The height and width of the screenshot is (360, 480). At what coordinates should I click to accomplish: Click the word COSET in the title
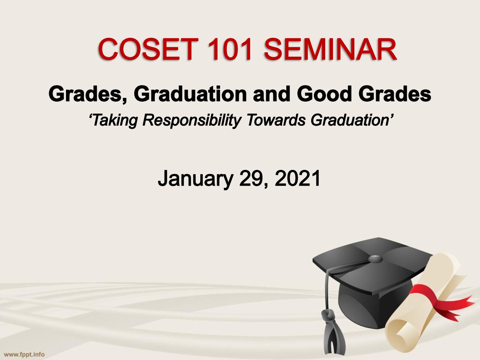148,49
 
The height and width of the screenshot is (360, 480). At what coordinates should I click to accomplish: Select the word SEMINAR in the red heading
331,49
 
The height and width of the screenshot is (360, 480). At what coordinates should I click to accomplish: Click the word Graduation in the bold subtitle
190,94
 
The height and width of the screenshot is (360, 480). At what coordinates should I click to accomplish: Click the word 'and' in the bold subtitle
271,94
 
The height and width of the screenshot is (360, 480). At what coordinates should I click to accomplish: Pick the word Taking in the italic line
113,120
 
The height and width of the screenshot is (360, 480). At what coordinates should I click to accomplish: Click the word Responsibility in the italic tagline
192,120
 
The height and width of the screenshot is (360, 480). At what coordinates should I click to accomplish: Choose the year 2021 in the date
297,178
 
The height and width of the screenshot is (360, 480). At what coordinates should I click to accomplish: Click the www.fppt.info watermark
24,354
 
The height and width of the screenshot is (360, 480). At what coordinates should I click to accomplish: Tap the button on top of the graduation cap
375,259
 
